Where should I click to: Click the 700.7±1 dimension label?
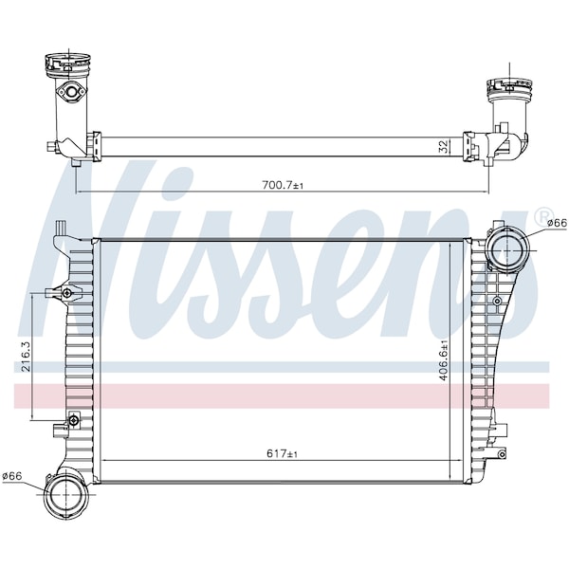283,186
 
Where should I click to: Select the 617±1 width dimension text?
282,453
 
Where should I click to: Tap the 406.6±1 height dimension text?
444,359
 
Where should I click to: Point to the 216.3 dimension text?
27,356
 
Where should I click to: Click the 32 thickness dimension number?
443,146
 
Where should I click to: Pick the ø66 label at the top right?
557,224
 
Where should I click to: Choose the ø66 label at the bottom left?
12,476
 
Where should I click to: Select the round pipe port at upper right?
505,250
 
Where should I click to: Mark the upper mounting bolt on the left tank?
66,292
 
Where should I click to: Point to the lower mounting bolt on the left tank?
73,420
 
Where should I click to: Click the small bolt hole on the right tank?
497,301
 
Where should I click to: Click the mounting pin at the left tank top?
60,228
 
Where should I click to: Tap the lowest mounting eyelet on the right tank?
501,454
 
